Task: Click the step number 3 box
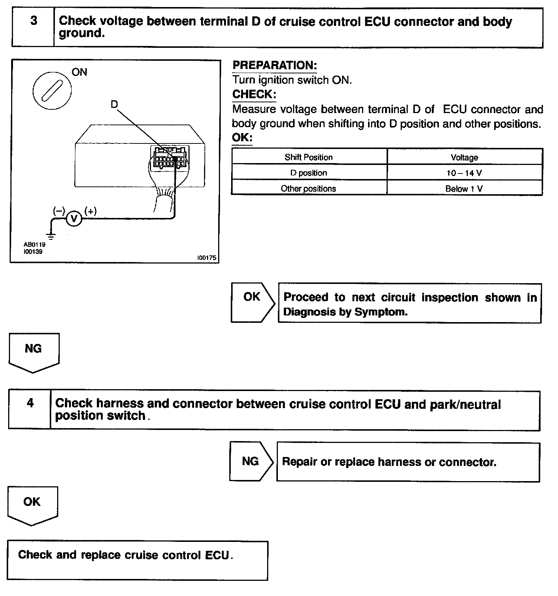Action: click(x=33, y=28)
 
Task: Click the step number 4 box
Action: click(x=30, y=409)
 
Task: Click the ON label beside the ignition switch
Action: click(x=79, y=72)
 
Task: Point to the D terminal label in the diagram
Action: click(x=114, y=105)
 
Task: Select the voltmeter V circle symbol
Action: click(x=74, y=219)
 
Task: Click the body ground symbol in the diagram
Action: click(x=51, y=235)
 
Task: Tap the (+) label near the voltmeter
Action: click(x=91, y=211)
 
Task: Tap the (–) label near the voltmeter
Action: click(x=59, y=211)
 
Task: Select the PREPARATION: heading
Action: click(x=275, y=65)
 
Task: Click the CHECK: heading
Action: click(x=254, y=94)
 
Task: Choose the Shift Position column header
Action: click(x=309, y=157)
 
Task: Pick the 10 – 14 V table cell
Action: click(x=464, y=173)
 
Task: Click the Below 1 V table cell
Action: click(x=464, y=189)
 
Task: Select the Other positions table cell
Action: click(x=309, y=189)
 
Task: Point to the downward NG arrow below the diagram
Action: click(x=34, y=352)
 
